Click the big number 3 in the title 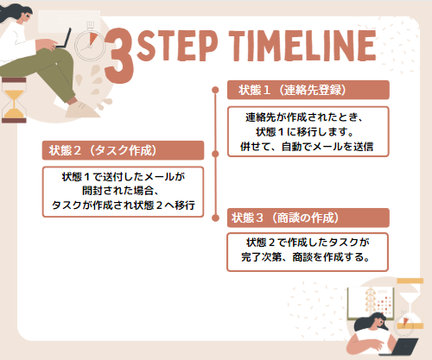click(x=119, y=55)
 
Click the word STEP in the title click(x=177, y=46)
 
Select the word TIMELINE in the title click(x=302, y=46)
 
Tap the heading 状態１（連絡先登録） click(x=292, y=90)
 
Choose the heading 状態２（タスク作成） click(x=103, y=150)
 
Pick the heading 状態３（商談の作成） click(x=285, y=218)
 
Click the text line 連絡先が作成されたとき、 click(x=304, y=117)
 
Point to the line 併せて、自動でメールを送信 click(x=307, y=147)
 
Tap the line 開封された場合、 click(x=121, y=191)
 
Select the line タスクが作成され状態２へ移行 click(x=124, y=205)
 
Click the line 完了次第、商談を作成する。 click(x=306, y=256)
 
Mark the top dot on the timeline click(x=215, y=90)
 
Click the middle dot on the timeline click(x=215, y=154)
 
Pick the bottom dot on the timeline click(x=215, y=218)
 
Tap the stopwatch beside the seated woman click(x=90, y=42)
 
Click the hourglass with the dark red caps click(x=14, y=100)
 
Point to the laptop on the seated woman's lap click(x=65, y=38)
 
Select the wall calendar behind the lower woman click(x=371, y=303)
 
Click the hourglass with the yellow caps click(x=410, y=303)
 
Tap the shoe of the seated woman click(x=81, y=111)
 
